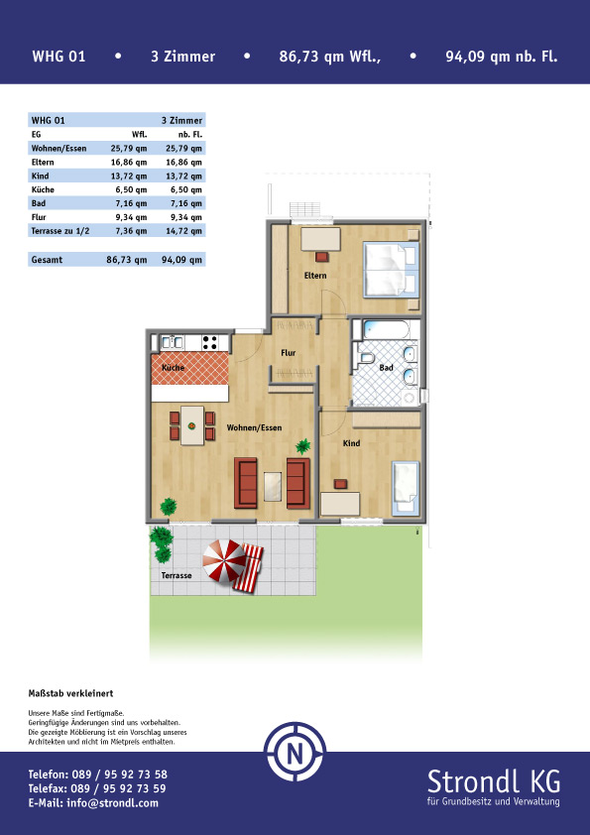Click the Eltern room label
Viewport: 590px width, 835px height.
315,276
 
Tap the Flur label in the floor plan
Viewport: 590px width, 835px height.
289,352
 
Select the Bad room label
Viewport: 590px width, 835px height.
386,368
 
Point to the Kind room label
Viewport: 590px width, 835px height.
351,443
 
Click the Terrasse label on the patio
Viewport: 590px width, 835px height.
177,575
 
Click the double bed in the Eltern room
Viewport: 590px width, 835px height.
391,270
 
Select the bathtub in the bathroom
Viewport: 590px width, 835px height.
386,329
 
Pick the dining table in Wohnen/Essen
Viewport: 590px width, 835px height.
192,425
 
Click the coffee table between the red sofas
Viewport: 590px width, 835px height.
273,486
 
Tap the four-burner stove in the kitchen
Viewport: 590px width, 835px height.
209,342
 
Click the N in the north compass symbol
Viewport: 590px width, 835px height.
295,753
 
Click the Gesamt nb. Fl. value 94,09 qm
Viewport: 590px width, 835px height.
181,260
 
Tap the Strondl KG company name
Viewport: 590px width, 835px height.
494,781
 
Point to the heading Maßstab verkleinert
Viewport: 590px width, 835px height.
70,693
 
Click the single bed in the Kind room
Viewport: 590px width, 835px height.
406,488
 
